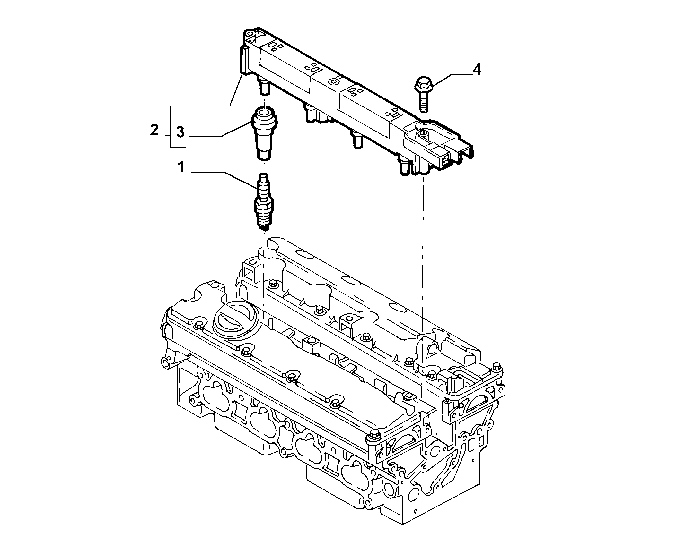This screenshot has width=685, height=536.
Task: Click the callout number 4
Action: (x=477, y=69)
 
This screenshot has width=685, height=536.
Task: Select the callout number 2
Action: (x=154, y=131)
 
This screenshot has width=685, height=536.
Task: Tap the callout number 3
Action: (x=180, y=132)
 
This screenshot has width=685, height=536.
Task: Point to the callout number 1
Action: (x=181, y=167)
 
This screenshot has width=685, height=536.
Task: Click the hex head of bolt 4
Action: (x=422, y=84)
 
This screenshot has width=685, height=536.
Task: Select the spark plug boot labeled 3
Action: (x=265, y=134)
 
